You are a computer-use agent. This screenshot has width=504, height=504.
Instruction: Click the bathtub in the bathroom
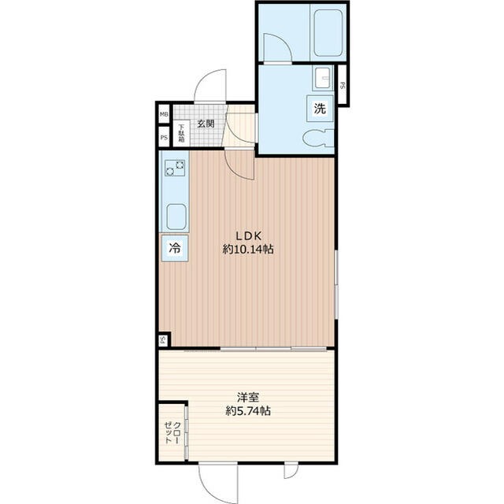(x=328, y=33)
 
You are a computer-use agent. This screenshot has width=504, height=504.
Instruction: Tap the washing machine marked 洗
(x=320, y=109)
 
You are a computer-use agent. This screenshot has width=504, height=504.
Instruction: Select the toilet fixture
(x=318, y=138)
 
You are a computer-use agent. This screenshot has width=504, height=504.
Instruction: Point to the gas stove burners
(x=175, y=168)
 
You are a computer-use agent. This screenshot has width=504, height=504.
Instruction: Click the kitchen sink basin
(x=176, y=217)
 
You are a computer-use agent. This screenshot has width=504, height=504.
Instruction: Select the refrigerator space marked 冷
(x=175, y=248)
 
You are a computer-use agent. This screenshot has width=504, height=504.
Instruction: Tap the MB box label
(x=164, y=114)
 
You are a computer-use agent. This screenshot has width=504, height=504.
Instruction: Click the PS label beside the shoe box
(x=164, y=138)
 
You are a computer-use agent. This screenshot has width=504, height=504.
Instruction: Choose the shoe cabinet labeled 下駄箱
(x=182, y=133)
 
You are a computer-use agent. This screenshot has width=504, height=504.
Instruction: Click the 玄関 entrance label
(x=206, y=124)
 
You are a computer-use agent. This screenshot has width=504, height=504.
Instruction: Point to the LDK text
(x=249, y=236)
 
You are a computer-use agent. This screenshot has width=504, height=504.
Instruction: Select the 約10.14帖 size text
(x=248, y=249)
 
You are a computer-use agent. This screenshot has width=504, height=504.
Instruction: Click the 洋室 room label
(x=248, y=398)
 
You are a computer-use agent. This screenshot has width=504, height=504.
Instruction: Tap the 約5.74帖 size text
(x=248, y=411)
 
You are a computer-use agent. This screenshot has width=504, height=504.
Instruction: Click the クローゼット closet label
(x=172, y=432)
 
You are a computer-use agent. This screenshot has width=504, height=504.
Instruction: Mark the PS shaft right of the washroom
(x=343, y=85)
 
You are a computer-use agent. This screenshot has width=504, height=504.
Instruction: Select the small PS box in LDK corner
(x=163, y=340)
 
